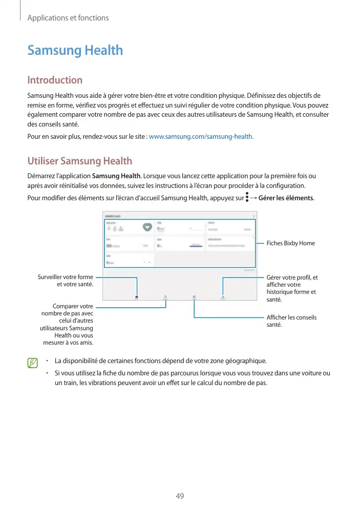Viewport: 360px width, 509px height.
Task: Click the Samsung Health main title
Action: coord(75,50)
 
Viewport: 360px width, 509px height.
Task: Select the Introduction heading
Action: coord(54,80)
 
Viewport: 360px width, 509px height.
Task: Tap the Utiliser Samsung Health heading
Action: coord(79,161)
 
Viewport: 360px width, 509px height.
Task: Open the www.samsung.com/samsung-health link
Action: coord(200,137)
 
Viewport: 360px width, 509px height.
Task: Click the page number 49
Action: coord(180,496)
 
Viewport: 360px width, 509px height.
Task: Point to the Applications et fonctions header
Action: coord(68,18)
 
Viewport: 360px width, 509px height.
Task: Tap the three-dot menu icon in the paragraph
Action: coord(247,197)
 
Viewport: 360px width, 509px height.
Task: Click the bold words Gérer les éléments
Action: coord(286,198)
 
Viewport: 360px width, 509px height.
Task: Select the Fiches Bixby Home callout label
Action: coord(290,243)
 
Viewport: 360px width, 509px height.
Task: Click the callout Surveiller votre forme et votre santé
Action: coord(65,281)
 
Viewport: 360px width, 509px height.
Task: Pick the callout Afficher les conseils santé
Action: coord(291,321)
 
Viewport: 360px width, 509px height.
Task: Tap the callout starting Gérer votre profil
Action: coord(292,288)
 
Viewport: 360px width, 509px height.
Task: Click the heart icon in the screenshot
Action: coord(147,226)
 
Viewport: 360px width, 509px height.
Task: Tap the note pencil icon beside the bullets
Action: coord(33,363)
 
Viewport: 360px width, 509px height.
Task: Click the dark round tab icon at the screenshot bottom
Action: coord(137,296)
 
